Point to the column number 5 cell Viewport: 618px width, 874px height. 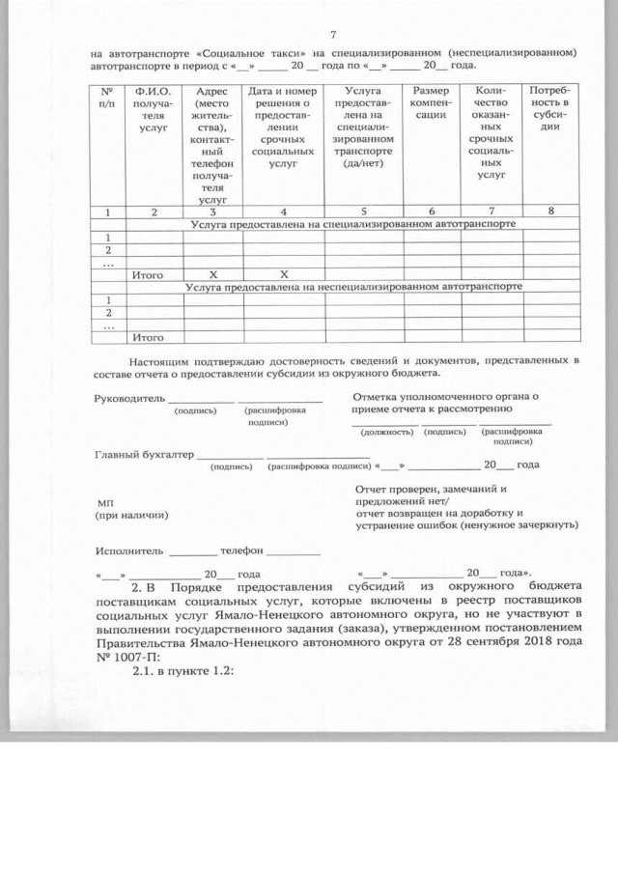pos(363,211)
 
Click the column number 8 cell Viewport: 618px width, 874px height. pos(550,211)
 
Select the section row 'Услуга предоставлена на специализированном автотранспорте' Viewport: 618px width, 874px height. pos(352,223)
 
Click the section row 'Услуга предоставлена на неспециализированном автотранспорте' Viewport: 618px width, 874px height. pos(352,287)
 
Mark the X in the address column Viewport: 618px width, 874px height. pos(212,274)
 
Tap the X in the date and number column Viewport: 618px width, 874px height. pos(283,274)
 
